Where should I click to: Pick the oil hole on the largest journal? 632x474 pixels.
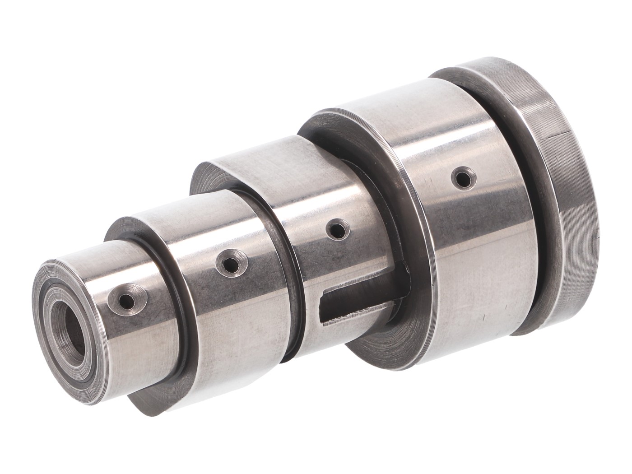tap(461, 177)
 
